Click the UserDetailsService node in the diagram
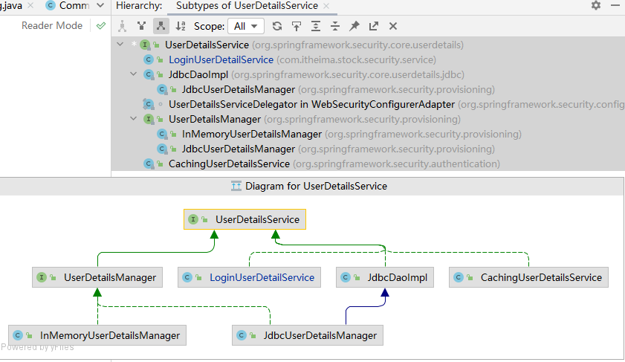(x=245, y=219)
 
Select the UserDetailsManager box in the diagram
(x=97, y=277)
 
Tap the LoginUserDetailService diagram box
(x=249, y=277)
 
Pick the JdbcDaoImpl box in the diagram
(x=385, y=277)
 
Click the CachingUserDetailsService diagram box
(x=528, y=277)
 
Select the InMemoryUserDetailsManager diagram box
(x=97, y=335)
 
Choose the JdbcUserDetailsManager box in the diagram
(x=308, y=335)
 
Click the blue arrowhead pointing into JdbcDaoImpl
(x=385, y=293)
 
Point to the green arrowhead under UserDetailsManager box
(x=97, y=293)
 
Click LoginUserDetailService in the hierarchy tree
(x=221, y=59)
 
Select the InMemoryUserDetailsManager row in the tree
(x=251, y=135)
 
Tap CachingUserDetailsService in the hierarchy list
(x=229, y=164)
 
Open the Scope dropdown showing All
(x=245, y=26)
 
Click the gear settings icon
(x=596, y=5)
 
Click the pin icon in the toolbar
(x=354, y=26)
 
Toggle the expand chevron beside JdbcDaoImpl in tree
(x=134, y=74)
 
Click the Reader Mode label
(x=52, y=25)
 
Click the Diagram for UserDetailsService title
(x=316, y=186)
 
